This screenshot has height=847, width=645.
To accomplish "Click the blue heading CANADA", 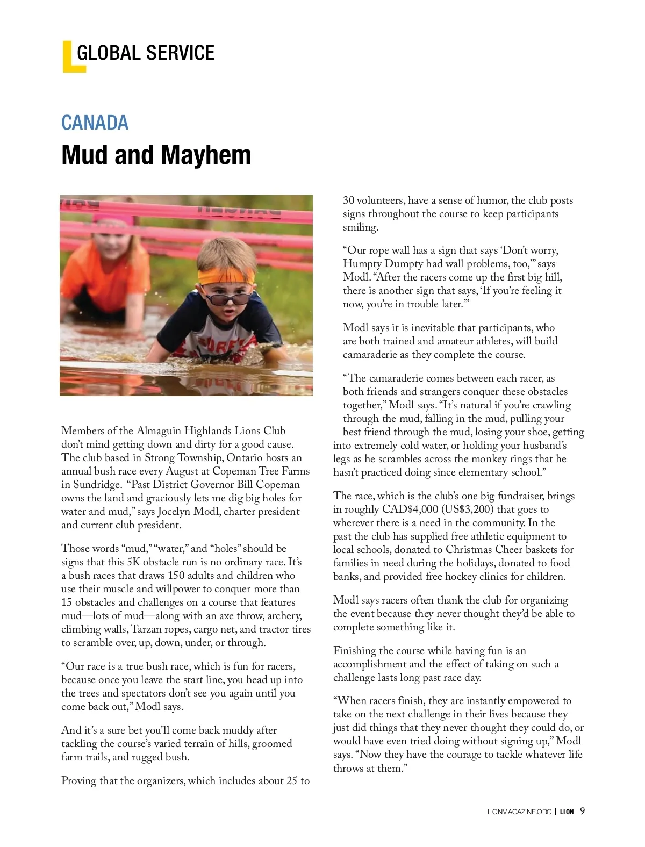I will coord(95,123).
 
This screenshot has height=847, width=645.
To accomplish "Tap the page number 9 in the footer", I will coord(583,812).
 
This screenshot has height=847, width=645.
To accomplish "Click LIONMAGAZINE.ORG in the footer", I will coord(515,812).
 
